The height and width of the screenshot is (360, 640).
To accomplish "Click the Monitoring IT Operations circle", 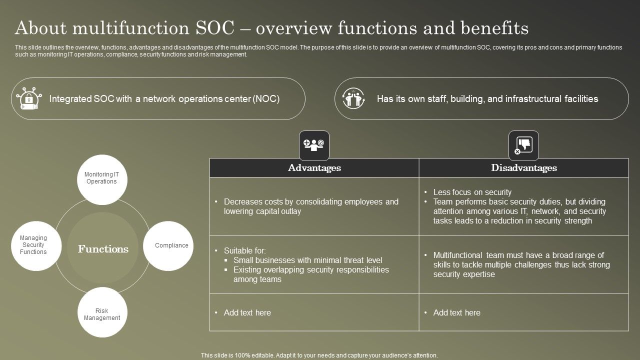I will [x=102, y=179].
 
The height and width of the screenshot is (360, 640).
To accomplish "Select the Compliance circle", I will [x=168, y=245].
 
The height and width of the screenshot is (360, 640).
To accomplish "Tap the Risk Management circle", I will [x=102, y=313].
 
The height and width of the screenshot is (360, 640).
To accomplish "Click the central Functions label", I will [x=103, y=249].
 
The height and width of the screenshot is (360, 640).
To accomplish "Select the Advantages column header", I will [x=314, y=168].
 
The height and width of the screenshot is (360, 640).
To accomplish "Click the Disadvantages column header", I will [x=523, y=168].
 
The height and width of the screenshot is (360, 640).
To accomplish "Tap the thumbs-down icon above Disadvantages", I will [x=523, y=145].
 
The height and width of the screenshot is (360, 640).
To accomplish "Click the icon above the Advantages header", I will [x=314, y=145].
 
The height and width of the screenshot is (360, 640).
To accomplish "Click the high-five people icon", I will [x=354, y=98].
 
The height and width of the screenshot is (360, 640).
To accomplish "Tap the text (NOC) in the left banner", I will [x=266, y=99].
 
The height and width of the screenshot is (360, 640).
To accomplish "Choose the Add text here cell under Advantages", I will [x=247, y=312].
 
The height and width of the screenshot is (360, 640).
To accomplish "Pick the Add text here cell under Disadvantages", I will [x=457, y=312].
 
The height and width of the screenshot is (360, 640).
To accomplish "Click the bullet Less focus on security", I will [x=472, y=192].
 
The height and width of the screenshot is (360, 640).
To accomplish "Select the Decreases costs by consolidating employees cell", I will [x=311, y=206].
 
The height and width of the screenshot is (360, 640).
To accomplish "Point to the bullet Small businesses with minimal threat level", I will [x=307, y=260].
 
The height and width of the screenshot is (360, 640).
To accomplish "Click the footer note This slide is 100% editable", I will [x=319, y=355].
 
